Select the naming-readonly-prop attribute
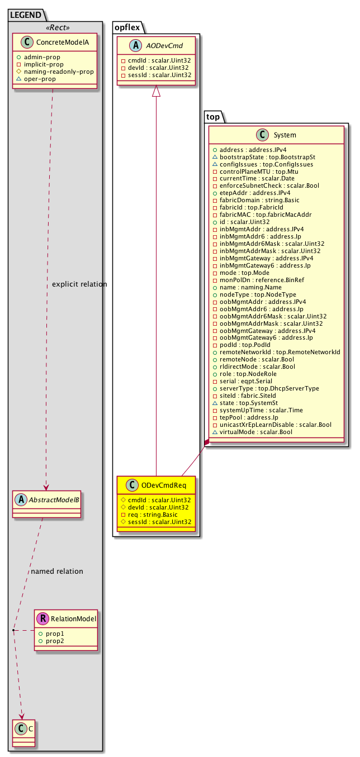pyautogui.click(x=59, y=72)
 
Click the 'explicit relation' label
pyautogui.click(x=79, y=284)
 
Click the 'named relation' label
pyautogui.click(x=57, y=571)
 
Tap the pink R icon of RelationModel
pyautogui.click(x=43, y=618)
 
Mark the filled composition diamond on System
pyautogui.click(x=206, y=443)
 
